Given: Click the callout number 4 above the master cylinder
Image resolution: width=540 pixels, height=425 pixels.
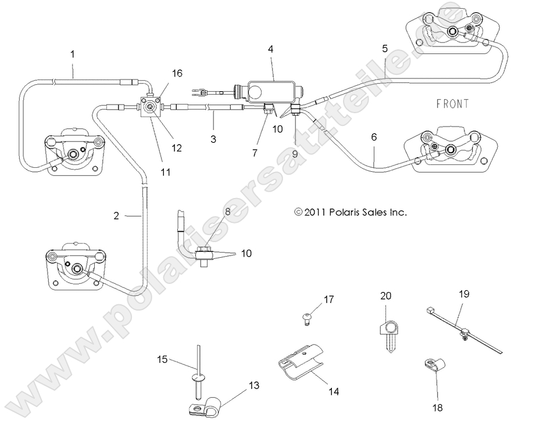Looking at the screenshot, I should click(271, 49).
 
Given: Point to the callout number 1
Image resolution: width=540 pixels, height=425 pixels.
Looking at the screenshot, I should click(73, 55).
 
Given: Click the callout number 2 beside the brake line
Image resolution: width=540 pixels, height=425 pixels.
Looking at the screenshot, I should click(116, 216).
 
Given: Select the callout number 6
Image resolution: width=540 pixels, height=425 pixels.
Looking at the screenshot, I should click(373, 137).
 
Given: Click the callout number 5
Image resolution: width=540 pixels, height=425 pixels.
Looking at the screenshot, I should click(385, 49).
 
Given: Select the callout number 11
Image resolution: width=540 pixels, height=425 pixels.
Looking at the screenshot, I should click(166, 172).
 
